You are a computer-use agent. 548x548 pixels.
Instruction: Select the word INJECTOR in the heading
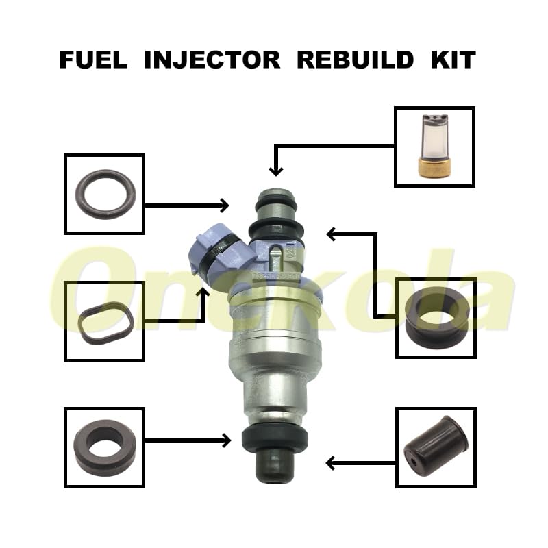[212, 60]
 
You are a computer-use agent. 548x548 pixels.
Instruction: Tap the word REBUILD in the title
[355, 60]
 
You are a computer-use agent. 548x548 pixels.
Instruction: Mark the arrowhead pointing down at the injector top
[275, 171]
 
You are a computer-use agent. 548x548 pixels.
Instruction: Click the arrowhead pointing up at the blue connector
[203, 294]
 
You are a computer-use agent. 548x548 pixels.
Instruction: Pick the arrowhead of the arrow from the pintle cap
[332, 464]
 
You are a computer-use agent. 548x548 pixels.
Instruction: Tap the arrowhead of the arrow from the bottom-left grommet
[225, 440]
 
